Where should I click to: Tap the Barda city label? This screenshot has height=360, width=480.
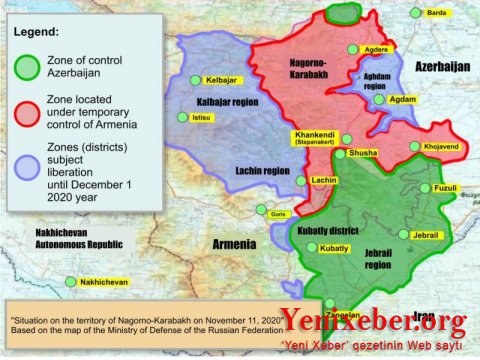(435, 13)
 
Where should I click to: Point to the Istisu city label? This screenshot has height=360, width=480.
(203, 118)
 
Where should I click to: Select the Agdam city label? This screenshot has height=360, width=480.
(402, 100)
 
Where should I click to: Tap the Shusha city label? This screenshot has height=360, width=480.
(361, 154)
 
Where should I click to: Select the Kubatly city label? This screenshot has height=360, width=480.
(334, 247)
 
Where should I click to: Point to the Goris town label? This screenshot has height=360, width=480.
(278, 213)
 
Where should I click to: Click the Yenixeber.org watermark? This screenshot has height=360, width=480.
(373, 321)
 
